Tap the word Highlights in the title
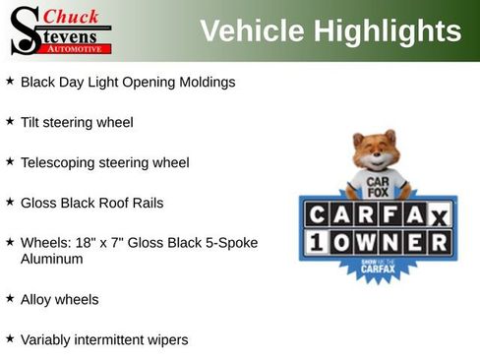pos(388,31)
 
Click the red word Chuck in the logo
pos(72,17)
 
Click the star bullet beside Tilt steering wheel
pos(10,122)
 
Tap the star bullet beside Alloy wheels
pos(10,298)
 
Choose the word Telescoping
pos(62,162)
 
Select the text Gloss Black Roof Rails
pos(91,203)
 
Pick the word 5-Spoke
pos(228,242)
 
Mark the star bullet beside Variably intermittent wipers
pos(10,338)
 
